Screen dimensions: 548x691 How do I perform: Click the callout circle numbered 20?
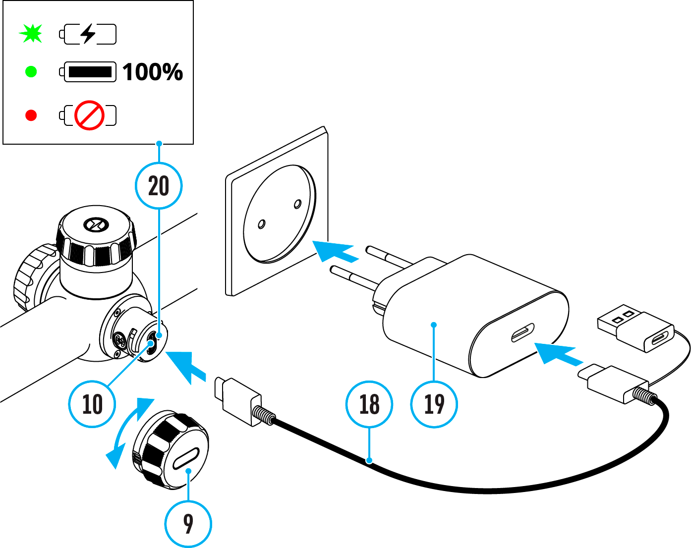click(x=159, y=186)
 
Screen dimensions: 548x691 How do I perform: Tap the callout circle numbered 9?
click(x=188, y=524)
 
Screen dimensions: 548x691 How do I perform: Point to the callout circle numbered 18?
click(x=369, y=404)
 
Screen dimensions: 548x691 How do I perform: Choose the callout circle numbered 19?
click(x=434, y=404)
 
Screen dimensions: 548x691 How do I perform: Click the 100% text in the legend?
click(x=153, y=72)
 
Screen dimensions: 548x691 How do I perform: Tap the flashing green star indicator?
click(x=31, y=34)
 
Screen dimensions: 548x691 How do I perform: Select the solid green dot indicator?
click(x=31, y=72)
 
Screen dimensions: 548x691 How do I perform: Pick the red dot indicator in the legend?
click(x=31, y=115)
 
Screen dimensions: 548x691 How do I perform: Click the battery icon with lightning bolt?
click(x=88, y=34)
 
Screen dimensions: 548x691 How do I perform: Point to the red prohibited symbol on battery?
click(x=89, y=115)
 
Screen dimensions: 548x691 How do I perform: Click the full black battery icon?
click(x=88, y=72)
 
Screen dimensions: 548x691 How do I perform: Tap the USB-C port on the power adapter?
click(x=523, y=333)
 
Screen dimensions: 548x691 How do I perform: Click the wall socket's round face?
click(x=279, y=213)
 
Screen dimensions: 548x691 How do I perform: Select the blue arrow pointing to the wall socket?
click(x=335, y=250)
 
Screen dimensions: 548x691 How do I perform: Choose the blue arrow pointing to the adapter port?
click(x=558, y=353)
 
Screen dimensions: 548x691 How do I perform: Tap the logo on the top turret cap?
click(x=93, y=225)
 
